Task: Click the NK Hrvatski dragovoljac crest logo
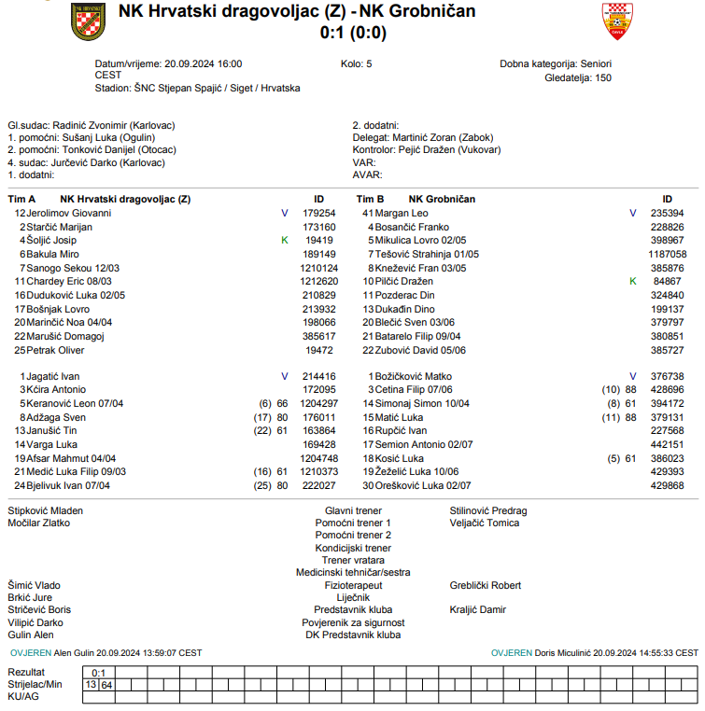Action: pos(88,21)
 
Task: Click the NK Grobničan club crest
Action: pos(617,21)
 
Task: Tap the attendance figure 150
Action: pos(603,77)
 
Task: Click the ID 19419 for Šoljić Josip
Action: pos(319,240)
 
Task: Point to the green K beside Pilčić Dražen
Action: pos(632,281)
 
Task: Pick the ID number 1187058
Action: pos(667,254)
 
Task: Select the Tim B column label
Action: pos(370,199)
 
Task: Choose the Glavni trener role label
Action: pos(353,511)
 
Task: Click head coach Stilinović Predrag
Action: pos(488,511)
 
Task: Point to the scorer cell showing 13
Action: pos(91,685)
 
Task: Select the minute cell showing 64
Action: pos(107,685)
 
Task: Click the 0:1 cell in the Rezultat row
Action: pos(99,673)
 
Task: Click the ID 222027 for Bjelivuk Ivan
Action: pos(319,485)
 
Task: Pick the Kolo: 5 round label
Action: pos(357,63)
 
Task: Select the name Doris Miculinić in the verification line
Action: pos(562,653)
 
